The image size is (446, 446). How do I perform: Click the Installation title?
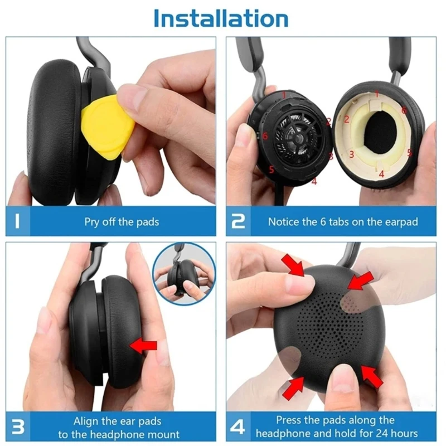[221, 18]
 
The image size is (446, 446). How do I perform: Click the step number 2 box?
[239, 221]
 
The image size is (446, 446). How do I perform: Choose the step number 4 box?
[239, 426]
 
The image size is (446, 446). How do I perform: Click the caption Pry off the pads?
[122, 222]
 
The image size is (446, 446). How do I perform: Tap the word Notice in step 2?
[283, 222]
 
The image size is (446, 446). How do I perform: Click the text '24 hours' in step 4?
[398, 434]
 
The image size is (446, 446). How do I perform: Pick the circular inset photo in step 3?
[183, 274]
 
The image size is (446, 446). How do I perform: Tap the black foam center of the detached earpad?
[381, 133]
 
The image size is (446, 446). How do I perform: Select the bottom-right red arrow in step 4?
[372, 377]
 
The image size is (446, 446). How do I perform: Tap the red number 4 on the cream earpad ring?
[381, 173]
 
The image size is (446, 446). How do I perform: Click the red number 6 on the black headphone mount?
[265, 135]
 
